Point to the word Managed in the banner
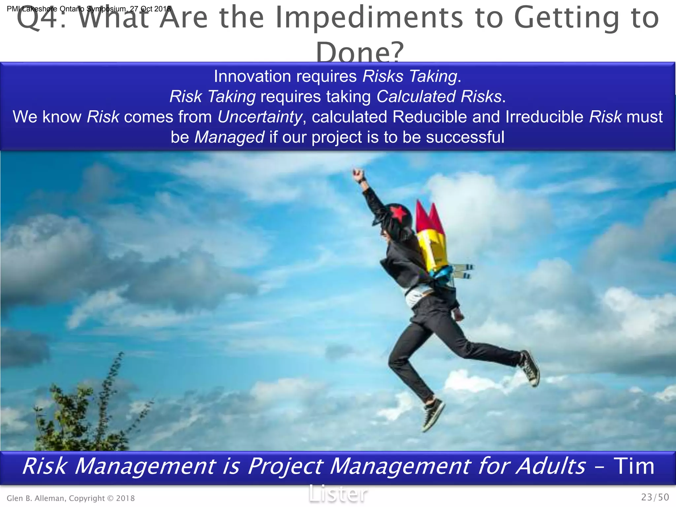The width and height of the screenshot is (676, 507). [229, 137]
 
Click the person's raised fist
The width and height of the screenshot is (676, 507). [358, 175]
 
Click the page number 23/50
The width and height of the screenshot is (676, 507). [655, 497]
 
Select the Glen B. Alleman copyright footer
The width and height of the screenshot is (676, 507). [71, 498]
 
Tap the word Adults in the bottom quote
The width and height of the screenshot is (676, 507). [551, 466]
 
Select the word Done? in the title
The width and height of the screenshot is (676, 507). [359, 52]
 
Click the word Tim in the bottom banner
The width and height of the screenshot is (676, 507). [634, 466]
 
